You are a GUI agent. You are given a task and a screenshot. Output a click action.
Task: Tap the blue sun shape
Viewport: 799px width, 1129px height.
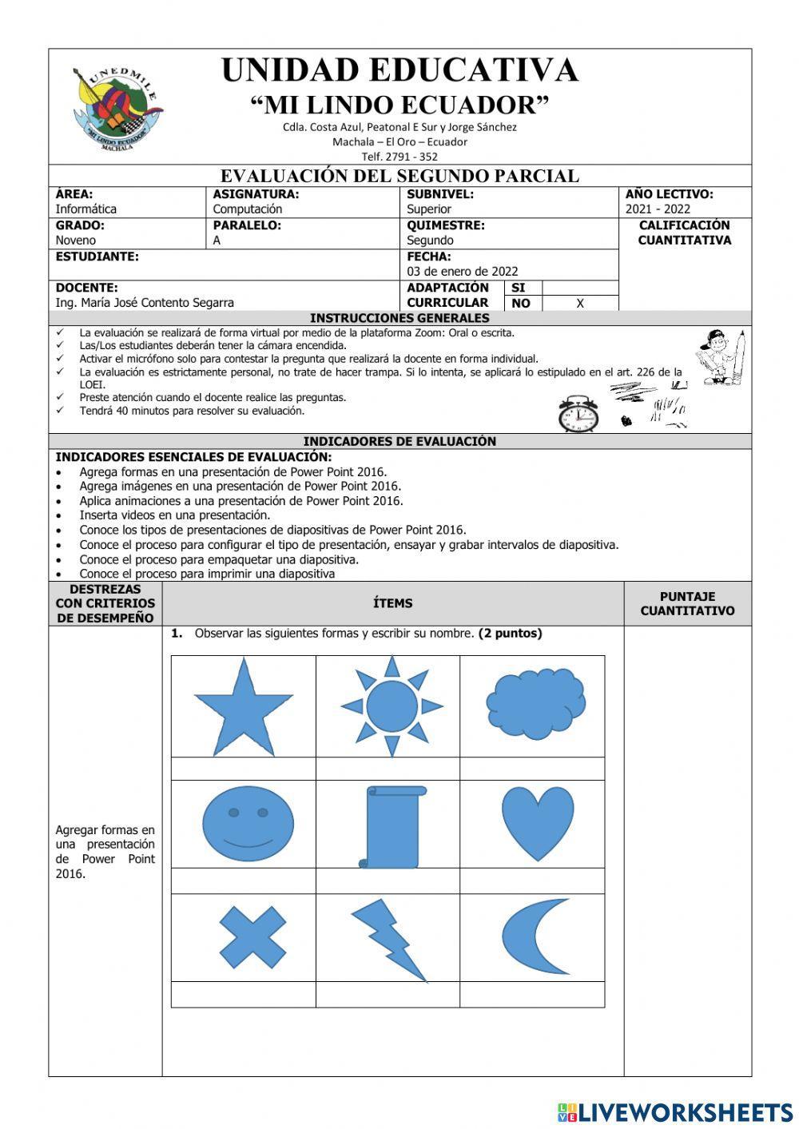(x=391, y=706)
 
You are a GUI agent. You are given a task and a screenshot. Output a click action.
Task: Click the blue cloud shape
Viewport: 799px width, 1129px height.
(x=535, y=704)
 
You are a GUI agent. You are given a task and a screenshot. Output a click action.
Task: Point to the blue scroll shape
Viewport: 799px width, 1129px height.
(x=391, y=826)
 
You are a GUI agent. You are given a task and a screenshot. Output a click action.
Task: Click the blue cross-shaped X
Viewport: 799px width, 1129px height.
(x=252, y=936)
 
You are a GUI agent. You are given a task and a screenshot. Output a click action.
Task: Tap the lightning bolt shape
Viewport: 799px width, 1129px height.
(x=389, y=939)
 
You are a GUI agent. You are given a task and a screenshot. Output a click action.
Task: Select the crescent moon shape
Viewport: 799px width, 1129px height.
(x=534, y=936)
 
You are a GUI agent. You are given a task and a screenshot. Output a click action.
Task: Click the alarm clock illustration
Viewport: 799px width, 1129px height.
(x=578, y=414)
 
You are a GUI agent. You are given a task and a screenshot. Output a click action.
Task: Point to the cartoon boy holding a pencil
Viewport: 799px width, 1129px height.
(x=721, y=357)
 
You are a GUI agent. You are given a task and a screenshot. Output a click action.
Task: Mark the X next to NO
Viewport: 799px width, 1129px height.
(x=580, y=304)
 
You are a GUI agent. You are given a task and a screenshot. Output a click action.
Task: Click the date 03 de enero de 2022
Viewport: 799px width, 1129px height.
(x=463, y=272)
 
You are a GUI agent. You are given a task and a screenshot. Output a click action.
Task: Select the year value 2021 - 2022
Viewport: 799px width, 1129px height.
(x=658, y=209)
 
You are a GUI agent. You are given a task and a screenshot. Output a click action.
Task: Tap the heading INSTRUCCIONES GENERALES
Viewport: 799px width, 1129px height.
(x=399, y=318)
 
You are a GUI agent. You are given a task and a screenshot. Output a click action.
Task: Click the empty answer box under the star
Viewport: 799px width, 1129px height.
(x=243, y=769)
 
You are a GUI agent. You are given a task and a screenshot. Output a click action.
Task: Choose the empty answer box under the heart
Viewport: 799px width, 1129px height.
(x=532, y=881)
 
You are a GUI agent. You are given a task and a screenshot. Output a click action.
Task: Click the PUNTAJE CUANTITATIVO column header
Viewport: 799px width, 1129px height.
(x=687, y=603)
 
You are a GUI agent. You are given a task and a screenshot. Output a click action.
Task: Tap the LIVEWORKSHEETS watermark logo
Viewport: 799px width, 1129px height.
(x=675, y=1111)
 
